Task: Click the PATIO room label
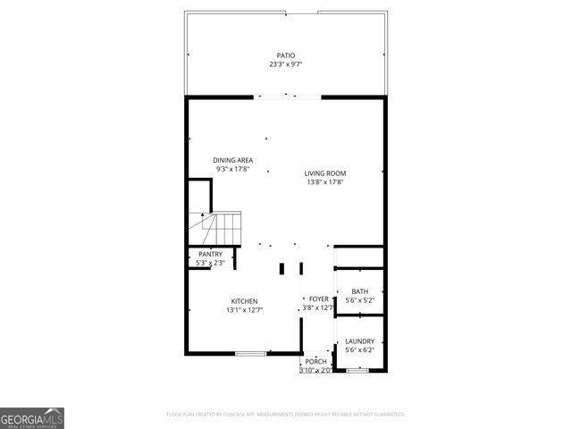[285, 55]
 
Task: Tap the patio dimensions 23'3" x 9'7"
[285, 64]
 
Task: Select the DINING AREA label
[232, 160]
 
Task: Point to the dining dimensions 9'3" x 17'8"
[232, 169]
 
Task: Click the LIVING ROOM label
[324, 173]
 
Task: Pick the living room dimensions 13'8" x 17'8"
[324, 182]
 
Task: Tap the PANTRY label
[210, 255]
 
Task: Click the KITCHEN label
[244, 301]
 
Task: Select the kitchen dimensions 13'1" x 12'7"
[244, 310]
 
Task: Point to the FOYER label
[318, 299]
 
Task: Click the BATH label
[359, 291]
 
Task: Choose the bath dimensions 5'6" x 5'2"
[359, 300]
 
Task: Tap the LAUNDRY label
[359, 341]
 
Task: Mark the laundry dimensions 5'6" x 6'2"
[359, 349]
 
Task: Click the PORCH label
[315, 361]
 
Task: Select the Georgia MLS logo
[32, 417]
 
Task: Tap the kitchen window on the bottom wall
[251, 354]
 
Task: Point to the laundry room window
[357, 369]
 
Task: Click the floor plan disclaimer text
[286, 415]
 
